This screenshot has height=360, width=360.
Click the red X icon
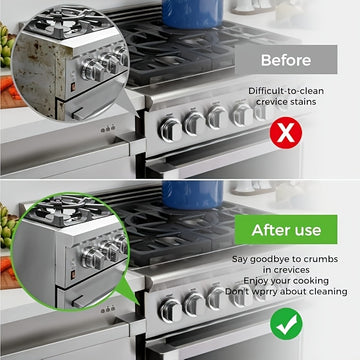click(x=286, y=133)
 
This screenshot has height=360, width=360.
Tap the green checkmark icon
click(x=286, y=324)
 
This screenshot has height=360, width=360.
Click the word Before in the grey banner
click(x=286, y=60)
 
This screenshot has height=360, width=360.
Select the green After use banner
click(x=286, y=230)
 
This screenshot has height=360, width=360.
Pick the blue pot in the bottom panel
click(x=193, y=195)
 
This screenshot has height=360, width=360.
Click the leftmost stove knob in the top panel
click(x=170, y=130)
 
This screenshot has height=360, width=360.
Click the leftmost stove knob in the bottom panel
click(x=170, y=311)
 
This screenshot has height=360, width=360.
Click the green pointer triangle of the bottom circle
click(x=128, y=292)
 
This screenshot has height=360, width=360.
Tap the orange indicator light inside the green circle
click(x=73, y=275)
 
